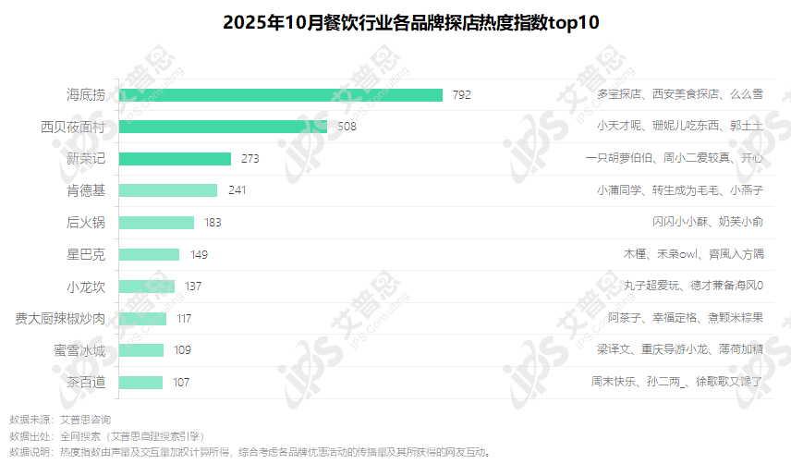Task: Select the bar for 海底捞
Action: tap(281, 94)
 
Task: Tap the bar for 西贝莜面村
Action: tap(223, 127)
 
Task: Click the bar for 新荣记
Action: tap(175, 159)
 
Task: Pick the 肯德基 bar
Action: tap(168, 190)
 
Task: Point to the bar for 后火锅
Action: tap(156, 223)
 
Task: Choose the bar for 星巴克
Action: tap(149, 254)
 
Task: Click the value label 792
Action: tap(462, 94)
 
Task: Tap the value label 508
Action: tap(347, 127)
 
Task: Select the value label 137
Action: tap(193, 287)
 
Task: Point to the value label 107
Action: tap(181, 383)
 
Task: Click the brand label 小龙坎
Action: tap(86, 287)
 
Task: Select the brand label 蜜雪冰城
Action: tap(79, 350)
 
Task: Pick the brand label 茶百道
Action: tap(86, 383)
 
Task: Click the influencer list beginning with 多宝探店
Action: tap(679, 94)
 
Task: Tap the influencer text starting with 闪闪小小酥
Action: tap(707, 223)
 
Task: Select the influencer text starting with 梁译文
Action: tap(679, 350)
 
